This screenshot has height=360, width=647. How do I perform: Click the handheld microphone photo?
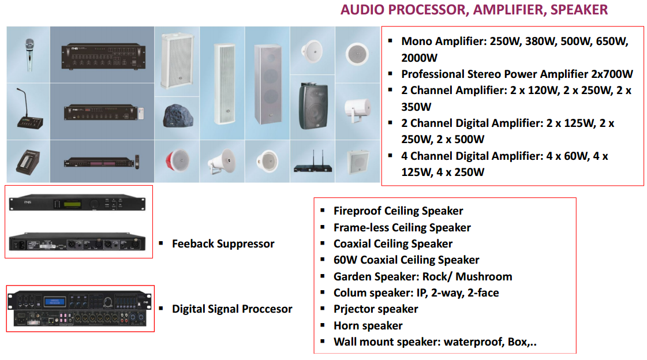pos(29,54)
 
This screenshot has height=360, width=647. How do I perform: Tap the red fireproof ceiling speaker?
pos(177,160)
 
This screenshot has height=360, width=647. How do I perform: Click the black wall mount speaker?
pos(313,106)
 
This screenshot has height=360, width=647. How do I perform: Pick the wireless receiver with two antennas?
pos(313,163)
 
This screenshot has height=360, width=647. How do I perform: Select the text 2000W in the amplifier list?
pos(419,58)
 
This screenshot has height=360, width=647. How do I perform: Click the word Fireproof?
pos(358,211)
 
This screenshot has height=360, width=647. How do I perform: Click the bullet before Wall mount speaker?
pos(323,342)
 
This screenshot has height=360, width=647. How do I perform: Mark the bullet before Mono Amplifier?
pos(390,40)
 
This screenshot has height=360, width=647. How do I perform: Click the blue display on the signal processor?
pos(54,302)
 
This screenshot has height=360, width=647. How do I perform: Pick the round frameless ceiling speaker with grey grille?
pos(357,54)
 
